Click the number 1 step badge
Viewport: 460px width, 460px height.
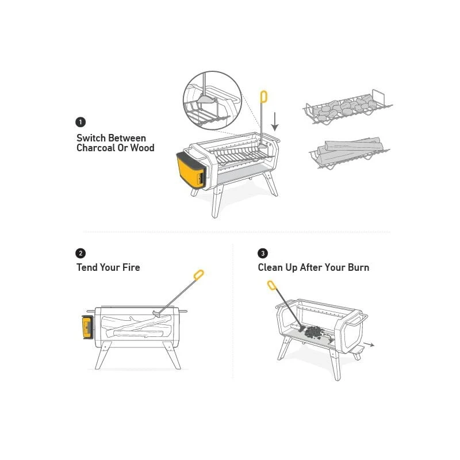(x=80, y=122)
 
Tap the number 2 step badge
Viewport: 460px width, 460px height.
(x=80, y=253)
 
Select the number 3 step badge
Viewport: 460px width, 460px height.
(x=263, y=253)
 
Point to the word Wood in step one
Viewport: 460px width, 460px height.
(x=142, y=148)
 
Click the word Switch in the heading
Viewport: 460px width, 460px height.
(x=91, y=138)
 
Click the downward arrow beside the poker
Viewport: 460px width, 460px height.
(x=275, y=121)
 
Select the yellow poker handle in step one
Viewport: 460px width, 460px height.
(x=264, y=97)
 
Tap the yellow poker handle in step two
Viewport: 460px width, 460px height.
(x=198, y=275)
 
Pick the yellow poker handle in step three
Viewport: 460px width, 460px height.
(x=271, y=285)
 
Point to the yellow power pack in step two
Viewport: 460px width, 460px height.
(x=87, y=327)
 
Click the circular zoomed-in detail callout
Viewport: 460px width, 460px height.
(x=213, y=101)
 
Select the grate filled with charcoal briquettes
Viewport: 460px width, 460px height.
(x=348, y=108)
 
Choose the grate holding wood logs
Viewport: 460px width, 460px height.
(x=349, y=152)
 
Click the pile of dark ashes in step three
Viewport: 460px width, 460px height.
(x=315, y=332)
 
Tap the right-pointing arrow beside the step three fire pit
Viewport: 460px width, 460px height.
(x=369, y=344)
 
